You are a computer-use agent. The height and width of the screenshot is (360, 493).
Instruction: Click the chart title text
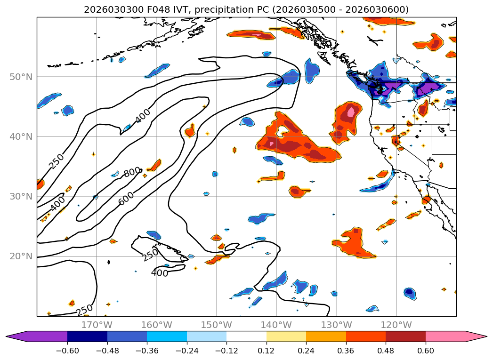[246, 9]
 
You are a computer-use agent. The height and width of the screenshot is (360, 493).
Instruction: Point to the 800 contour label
[132, 172]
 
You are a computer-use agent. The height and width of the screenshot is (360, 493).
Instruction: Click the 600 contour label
[126, 199]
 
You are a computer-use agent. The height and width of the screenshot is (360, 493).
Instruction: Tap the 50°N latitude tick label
[21, 77]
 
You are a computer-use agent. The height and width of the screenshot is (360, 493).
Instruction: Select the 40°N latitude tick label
[21, 136]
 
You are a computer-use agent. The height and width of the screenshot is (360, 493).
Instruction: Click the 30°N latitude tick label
[21, 196]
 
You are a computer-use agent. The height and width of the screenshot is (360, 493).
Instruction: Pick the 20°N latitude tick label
[21, 256]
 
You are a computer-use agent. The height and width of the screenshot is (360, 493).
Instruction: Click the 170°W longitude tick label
[97, 325]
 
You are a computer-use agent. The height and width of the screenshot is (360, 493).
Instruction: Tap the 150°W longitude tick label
[216, 325]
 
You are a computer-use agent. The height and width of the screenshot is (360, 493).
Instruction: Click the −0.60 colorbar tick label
[67, 351]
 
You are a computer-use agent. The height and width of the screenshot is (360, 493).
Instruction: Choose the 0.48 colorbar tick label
[386, 351]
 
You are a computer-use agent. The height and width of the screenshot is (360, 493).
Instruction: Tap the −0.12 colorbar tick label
[226, 351]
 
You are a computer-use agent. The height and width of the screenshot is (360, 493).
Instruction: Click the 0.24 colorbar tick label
[306, 351]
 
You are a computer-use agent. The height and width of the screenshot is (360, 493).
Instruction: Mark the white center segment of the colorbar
[246, 336]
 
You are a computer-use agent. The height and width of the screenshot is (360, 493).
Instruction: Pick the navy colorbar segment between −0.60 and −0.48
[87, 336]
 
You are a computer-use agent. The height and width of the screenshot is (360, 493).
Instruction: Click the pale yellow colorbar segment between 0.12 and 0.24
[286, 336]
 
